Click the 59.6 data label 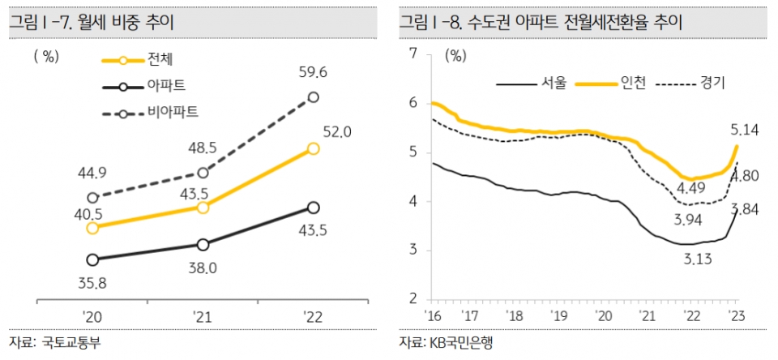point(313,72)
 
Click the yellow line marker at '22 point(314,148)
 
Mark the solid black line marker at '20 point(92,259)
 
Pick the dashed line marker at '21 point(203,173)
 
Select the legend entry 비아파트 point(173,111)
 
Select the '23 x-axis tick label point(736,316)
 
